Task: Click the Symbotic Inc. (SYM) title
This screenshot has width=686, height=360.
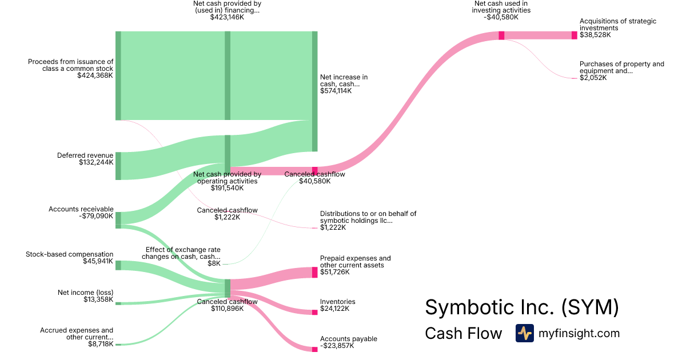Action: [521, 307]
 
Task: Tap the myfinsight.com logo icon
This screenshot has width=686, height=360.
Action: [524, 333]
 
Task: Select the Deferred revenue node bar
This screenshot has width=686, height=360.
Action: [118, 166]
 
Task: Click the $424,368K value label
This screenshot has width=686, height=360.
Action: [95, 75]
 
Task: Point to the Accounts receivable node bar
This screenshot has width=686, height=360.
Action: [118, 220]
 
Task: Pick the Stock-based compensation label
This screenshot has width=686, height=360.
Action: [70, 254]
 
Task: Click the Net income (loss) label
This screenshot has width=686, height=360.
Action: [85, 293]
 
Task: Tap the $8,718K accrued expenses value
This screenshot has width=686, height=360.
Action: [101, 344]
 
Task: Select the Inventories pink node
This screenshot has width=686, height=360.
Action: [314, 312]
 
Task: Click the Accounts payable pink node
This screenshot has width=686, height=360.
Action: [314, 349]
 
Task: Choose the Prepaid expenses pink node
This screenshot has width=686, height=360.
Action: [314, 272]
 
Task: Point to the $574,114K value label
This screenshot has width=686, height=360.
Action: [336, 90]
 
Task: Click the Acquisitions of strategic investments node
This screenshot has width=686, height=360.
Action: [575, 35]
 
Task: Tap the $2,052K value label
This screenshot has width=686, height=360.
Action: [593, 78]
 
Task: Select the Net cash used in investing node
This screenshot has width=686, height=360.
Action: [501, 35]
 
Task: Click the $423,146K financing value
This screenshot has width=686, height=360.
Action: [228, 17]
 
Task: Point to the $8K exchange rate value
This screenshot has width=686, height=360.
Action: [214, 263]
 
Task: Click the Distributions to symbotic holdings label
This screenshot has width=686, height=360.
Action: [368, 217]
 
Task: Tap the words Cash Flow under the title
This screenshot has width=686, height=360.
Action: [463, 334]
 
